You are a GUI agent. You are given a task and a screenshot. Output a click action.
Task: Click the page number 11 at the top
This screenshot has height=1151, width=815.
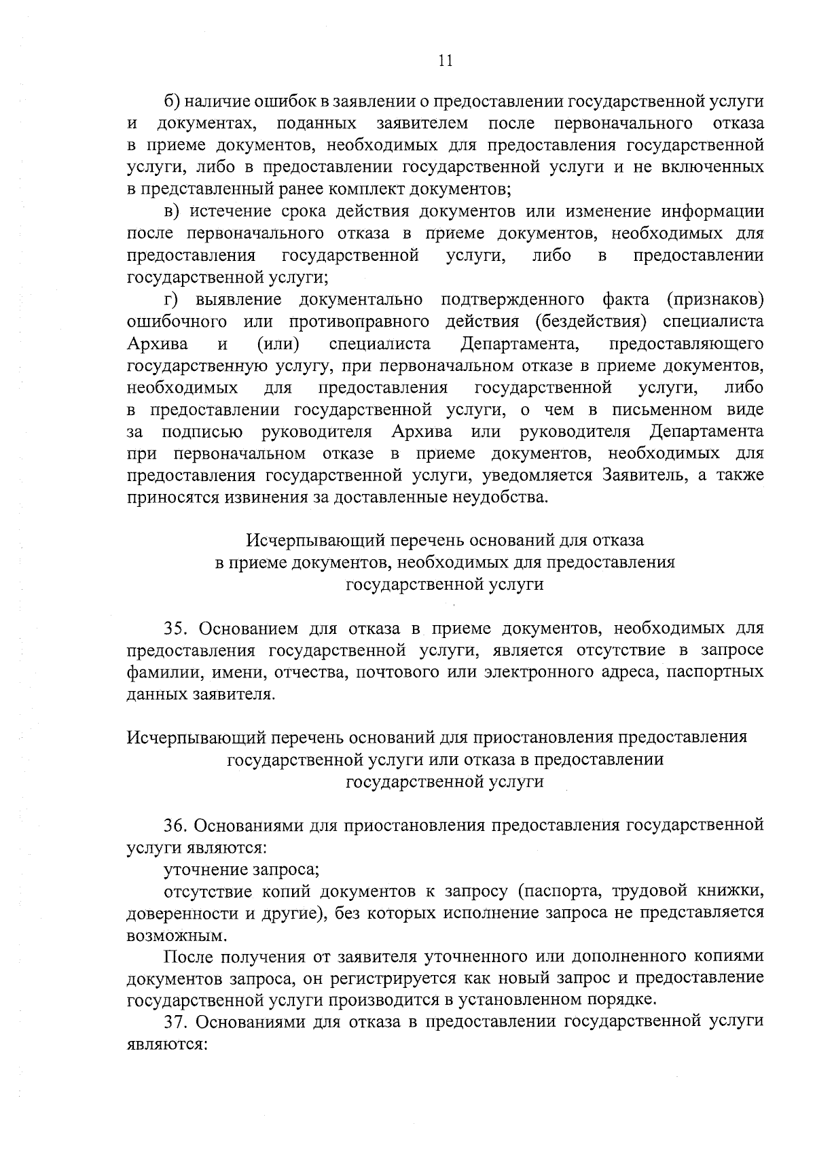point(445,60)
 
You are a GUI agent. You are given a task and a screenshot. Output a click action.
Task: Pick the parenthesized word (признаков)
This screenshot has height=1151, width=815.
point(715,300)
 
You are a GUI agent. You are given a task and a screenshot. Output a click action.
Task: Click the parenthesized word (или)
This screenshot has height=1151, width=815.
point(279,344)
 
